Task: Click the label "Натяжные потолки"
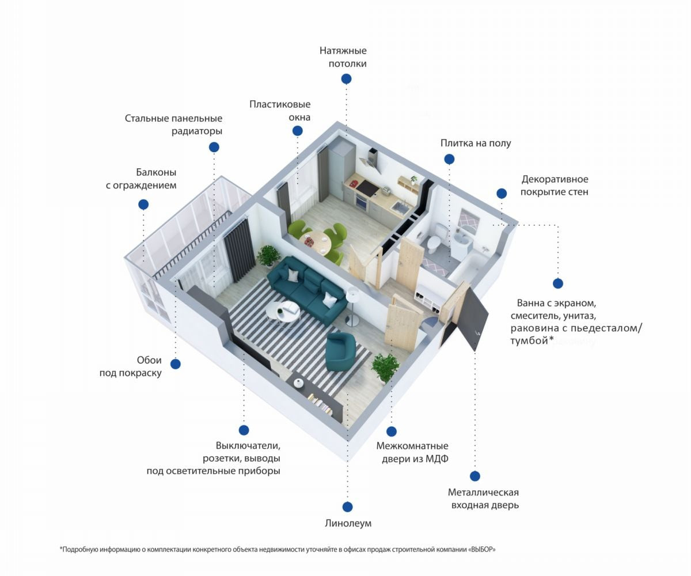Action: [343, 57]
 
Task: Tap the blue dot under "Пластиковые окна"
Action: [298, 131]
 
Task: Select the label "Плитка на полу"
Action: [476, 143]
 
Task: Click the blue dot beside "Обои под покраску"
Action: [176, 364]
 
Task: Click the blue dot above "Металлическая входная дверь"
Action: [475, 476]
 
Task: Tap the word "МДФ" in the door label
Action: [437, 458]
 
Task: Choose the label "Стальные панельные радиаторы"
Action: [173, 124]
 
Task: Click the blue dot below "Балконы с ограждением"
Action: [143, 204]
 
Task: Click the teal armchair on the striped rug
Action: [342, 351]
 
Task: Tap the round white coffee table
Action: [282, 312]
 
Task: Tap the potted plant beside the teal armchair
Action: [385, 367]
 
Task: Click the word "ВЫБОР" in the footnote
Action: [480, 550]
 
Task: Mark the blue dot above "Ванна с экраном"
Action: [557, 283]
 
